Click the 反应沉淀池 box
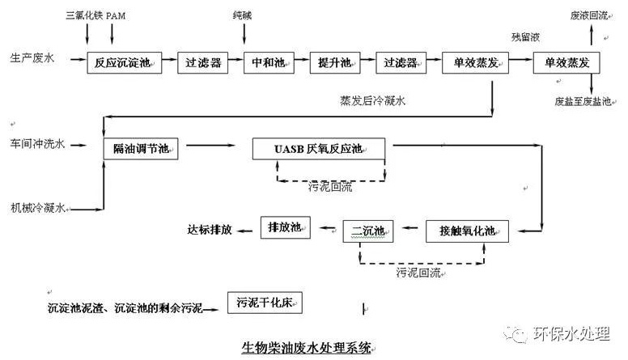click(x=124, y=62)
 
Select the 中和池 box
click(x=268, y=62)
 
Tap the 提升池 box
click(x=333, y=62)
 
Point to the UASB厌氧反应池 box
click(x=319, y=149)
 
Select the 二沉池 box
click(x=367, y=231)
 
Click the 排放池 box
click(x=285, y=227)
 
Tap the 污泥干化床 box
click(x=264, y=303)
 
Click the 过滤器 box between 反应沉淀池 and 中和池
click(x=203, y=62)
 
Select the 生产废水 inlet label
click(x=32, y=58)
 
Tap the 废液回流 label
click(x=588, y=16)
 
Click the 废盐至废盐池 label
click(x=583, y=103)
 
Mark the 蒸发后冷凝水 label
click(x=372, y=101)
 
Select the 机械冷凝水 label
click(x=36, y=208)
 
